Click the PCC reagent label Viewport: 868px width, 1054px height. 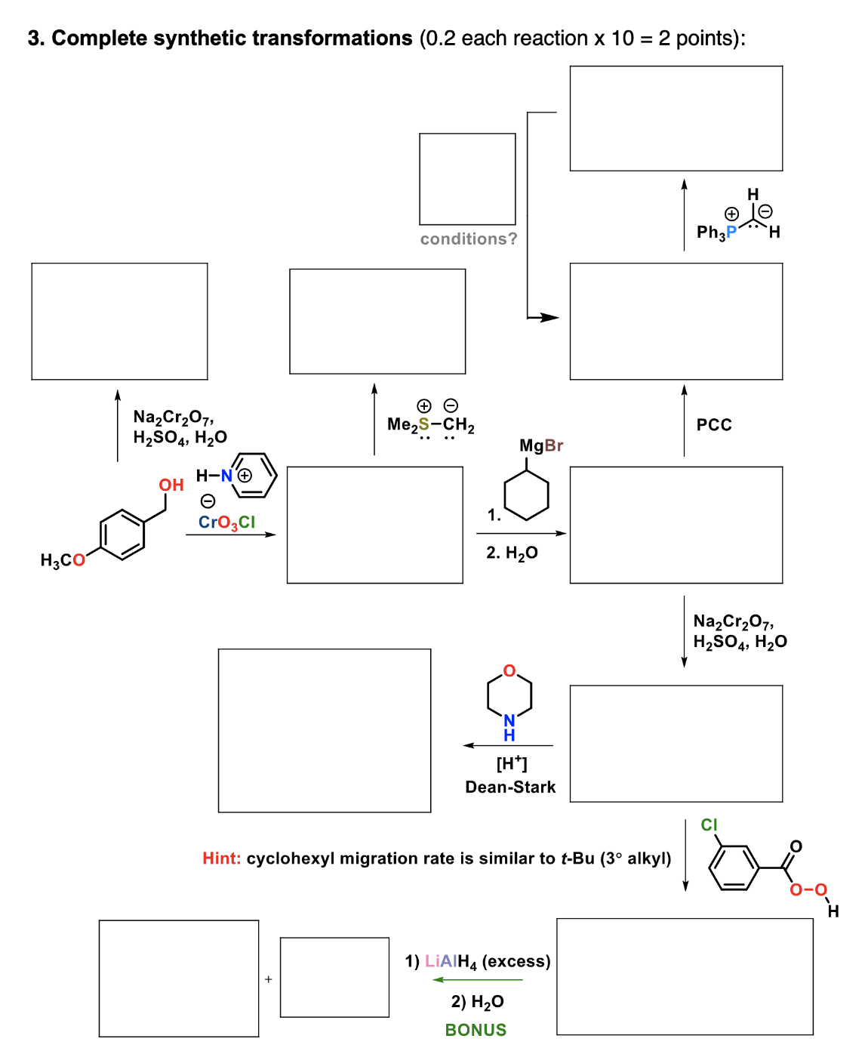(x=713, y=424)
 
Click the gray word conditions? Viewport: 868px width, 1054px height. (x=469, y=239)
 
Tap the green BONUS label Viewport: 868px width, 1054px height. (x=476, y=1030)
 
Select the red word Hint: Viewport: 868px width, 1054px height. (x=221, y=858)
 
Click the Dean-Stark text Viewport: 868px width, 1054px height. (x=510, y=787)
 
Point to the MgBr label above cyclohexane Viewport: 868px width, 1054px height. (x=541, y=445)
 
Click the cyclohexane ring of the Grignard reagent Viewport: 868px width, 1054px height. (x=526, y=495)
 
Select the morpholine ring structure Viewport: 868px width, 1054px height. (x=509, y=695)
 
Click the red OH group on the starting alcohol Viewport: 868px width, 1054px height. (x=171, y=485)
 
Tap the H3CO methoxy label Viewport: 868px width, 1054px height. (x=63, y=559)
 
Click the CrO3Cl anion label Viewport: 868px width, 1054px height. (x=226, y=522)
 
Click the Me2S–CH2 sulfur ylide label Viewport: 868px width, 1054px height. (x=431, y=424)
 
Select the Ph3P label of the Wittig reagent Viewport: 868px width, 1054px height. (x=716, y=232)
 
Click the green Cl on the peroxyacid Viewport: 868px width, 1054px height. (x=709, y=824)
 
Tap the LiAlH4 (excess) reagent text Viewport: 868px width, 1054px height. (x=478, y=961)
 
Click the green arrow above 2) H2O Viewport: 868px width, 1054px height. (x=478, y=980)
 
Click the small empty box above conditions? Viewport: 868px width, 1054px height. (x=467, y=179)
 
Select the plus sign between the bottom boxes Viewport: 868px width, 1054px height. (x=268, y=979)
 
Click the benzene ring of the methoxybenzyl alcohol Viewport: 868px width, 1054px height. (x=122, y=535)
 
